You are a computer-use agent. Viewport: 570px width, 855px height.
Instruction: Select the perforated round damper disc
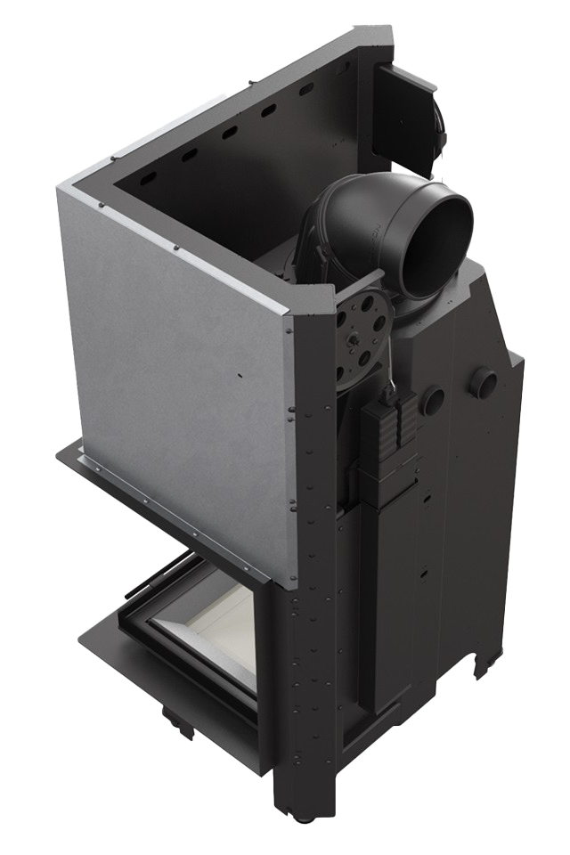tap(362, 333)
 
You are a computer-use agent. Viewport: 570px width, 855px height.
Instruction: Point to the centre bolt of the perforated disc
tap(362, 336)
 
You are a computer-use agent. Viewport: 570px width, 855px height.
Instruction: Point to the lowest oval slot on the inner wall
tap(188, 157)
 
